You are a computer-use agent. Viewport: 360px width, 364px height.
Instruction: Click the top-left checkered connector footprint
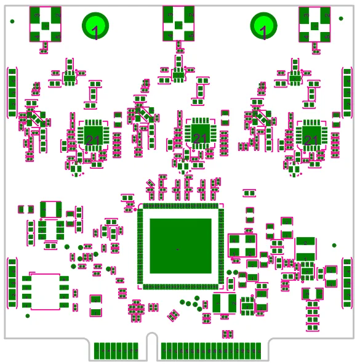point(46,23)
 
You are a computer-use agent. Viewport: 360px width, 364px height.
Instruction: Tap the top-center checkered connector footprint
point(178,23)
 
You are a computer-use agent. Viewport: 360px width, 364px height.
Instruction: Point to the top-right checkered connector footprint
point(314,23)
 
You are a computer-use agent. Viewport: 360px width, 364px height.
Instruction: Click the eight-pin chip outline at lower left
point(45,291)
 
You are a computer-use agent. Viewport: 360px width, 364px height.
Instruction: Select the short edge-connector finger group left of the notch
point(116,351)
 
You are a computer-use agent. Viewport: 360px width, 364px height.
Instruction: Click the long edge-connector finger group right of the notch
point(210,351)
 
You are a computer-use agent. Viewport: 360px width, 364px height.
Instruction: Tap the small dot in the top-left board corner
point(12,22)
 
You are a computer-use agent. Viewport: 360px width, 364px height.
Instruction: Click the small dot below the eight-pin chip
point(27,316)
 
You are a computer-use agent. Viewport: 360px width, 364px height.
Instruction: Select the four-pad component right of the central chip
point(242,245)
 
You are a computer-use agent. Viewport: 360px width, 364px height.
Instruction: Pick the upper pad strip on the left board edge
point(12,92)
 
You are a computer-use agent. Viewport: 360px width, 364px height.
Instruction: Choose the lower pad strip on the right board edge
point(347,283)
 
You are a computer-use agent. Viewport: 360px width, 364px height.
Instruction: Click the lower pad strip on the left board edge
point(12,283)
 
